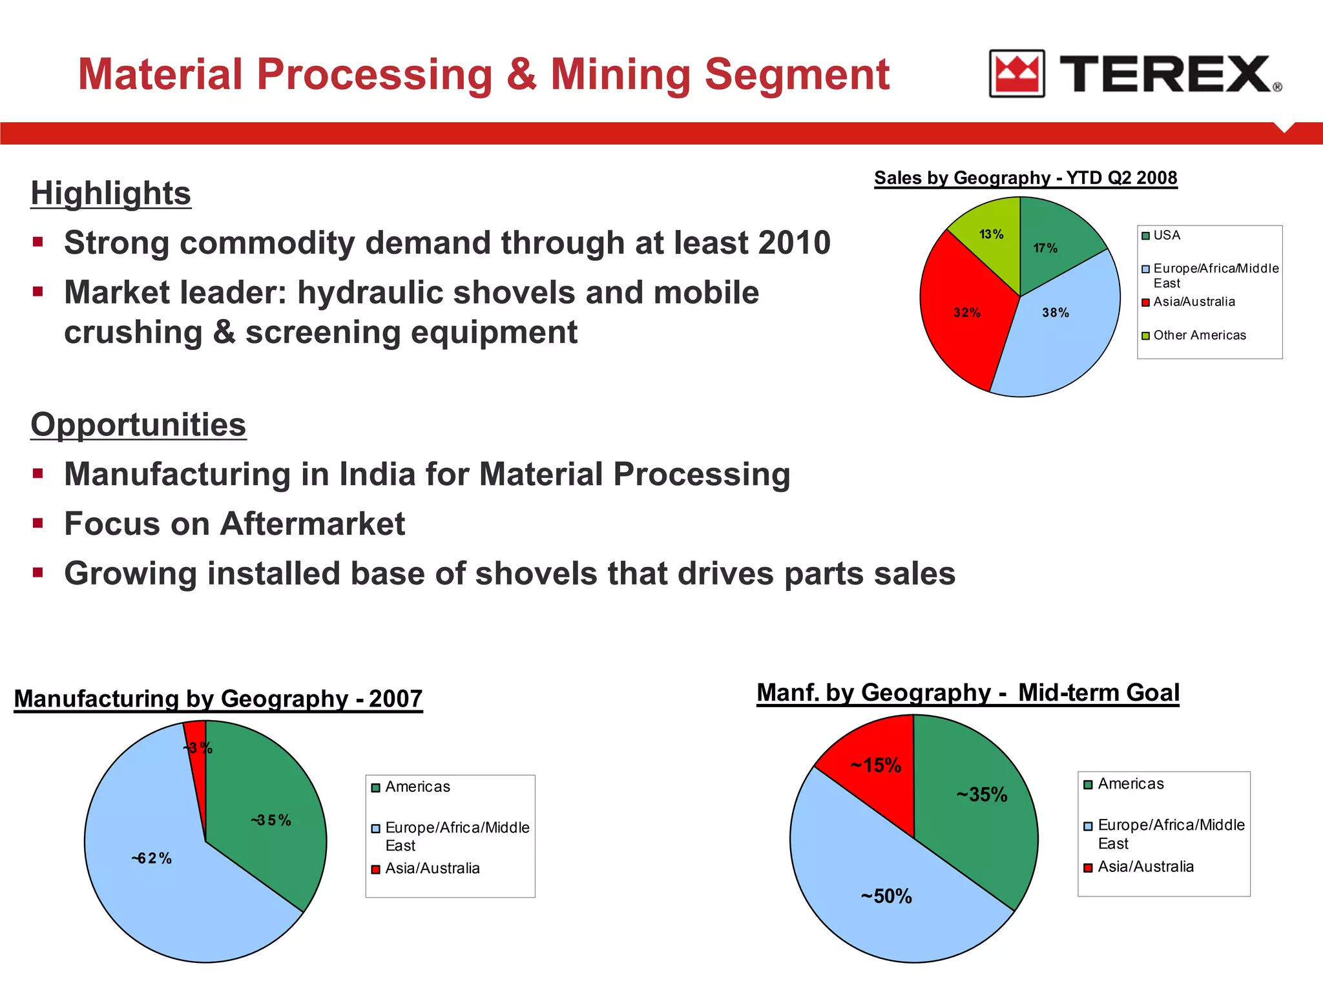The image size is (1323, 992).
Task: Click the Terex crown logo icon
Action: pos(1016,74)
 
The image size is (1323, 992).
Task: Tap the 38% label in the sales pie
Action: pos(1055,313)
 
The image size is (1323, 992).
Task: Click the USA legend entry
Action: pos(1166,236)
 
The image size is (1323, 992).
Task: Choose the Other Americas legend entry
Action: pos(1199,335)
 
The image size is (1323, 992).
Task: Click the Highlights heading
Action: pos(110,193)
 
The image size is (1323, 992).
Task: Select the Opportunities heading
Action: pos(138,424)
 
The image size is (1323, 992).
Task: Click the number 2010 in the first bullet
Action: pos(794,243)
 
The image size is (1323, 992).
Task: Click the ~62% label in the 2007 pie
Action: pos(152,858)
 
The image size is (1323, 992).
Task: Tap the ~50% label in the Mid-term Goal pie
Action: pos(886,896)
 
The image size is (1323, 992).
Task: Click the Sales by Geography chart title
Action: pos(1025,178)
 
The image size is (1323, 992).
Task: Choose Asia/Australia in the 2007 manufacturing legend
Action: pos(432,869)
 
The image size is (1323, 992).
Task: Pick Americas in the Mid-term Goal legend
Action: pos(1130,784)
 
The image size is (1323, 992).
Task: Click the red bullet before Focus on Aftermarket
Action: pos(38,522)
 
